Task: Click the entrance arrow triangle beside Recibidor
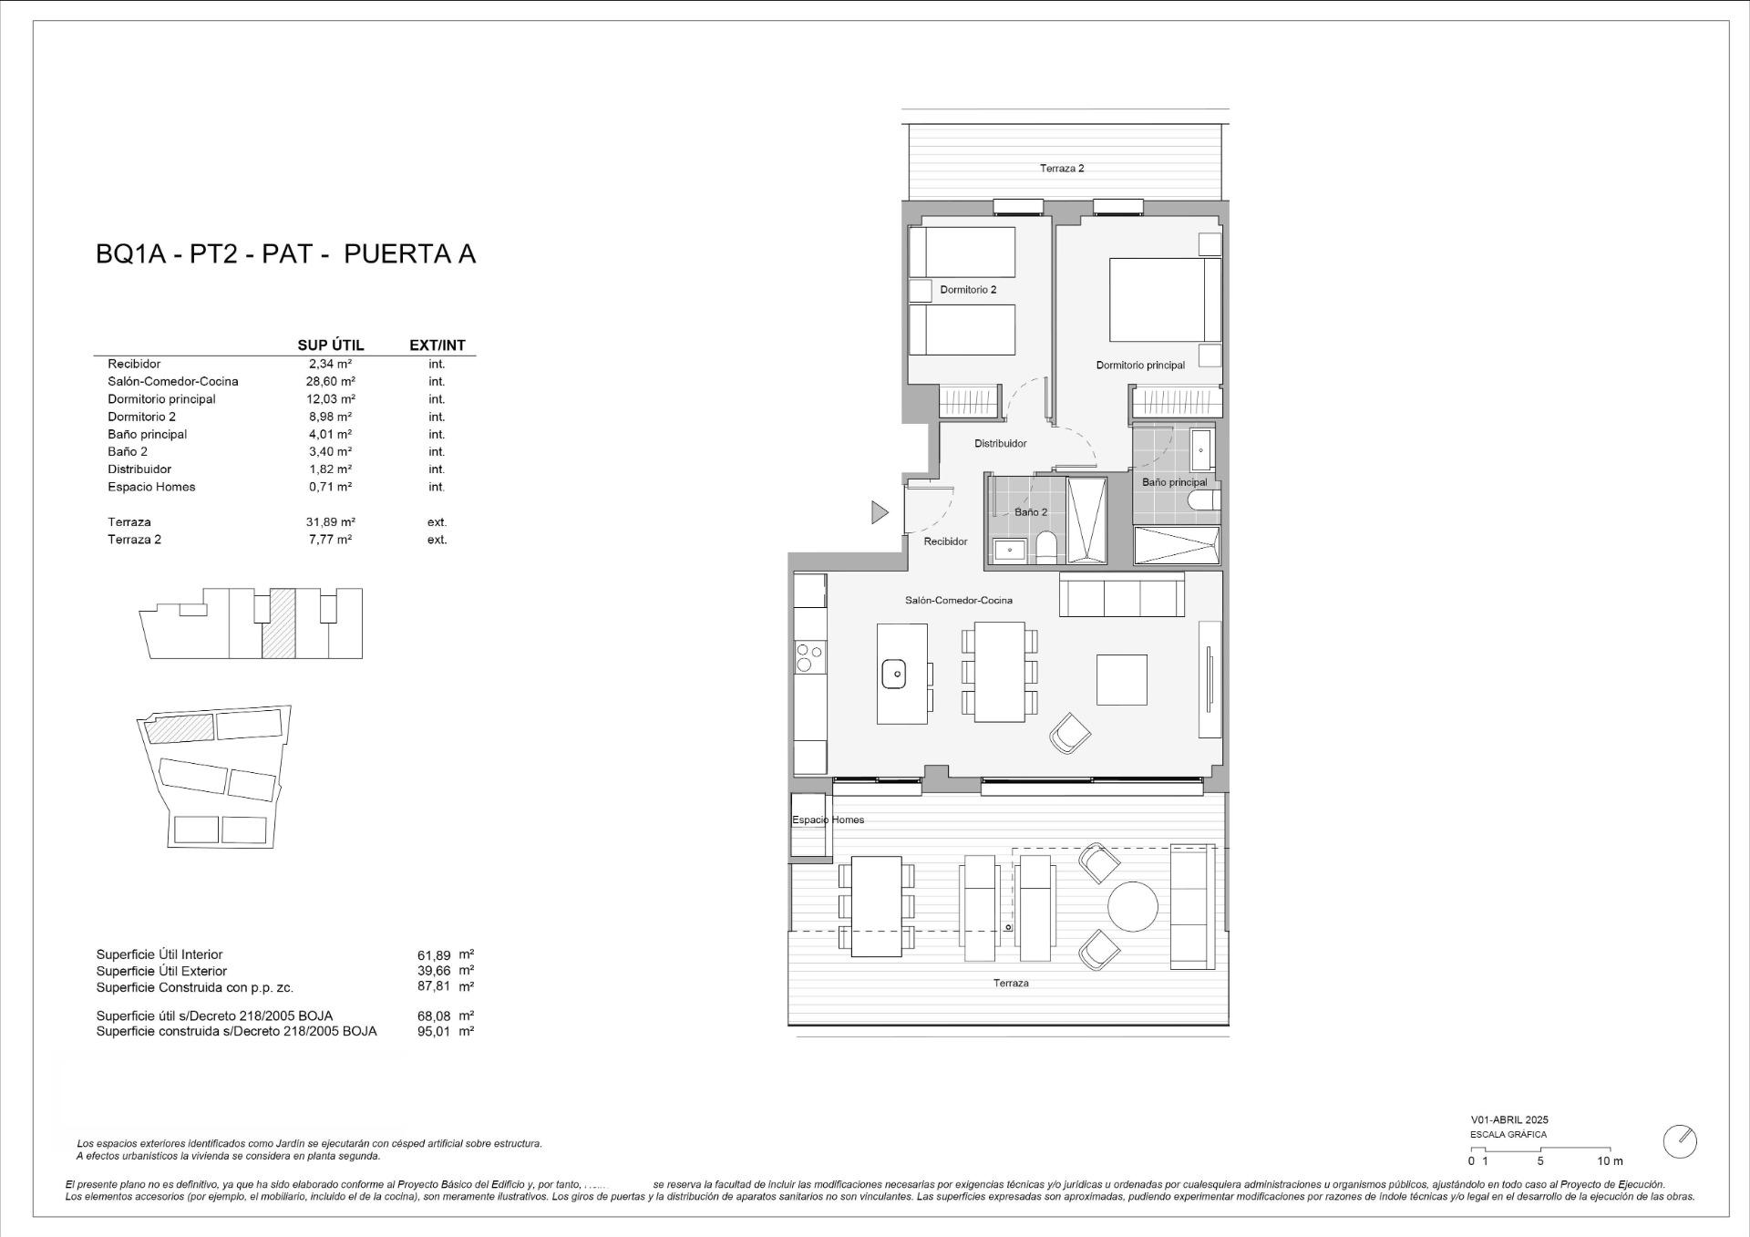(x=879, y=512)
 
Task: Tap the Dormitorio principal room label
(x=1140, y=366)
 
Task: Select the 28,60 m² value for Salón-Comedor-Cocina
(x=330, y=382)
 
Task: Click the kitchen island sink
(x=893, y=675)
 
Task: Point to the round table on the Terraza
(x=1133, y=906)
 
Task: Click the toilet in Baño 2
(x=1046, y=547)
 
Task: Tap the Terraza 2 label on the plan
(x=1062, y=169)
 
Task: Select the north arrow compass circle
(x=1680, y=1141)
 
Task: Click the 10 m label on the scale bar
(x=1610, y=1161)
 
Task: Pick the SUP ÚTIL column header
(x=331, y=345)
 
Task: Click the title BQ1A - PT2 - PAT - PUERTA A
(x=285, y=253)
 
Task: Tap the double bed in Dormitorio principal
(x=1164, y=300)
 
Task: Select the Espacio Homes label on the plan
(x=828, y=820)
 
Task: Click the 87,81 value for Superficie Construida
(x=434, y=986)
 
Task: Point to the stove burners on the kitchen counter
(x=809, y=657)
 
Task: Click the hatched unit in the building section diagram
(x=279, y=624)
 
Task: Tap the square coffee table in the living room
(x=1121, y=679)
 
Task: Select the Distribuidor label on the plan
(x=1000, y=444)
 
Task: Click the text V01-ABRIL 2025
(x=1508, y=1120)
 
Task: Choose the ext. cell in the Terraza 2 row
(x=437, y=540)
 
